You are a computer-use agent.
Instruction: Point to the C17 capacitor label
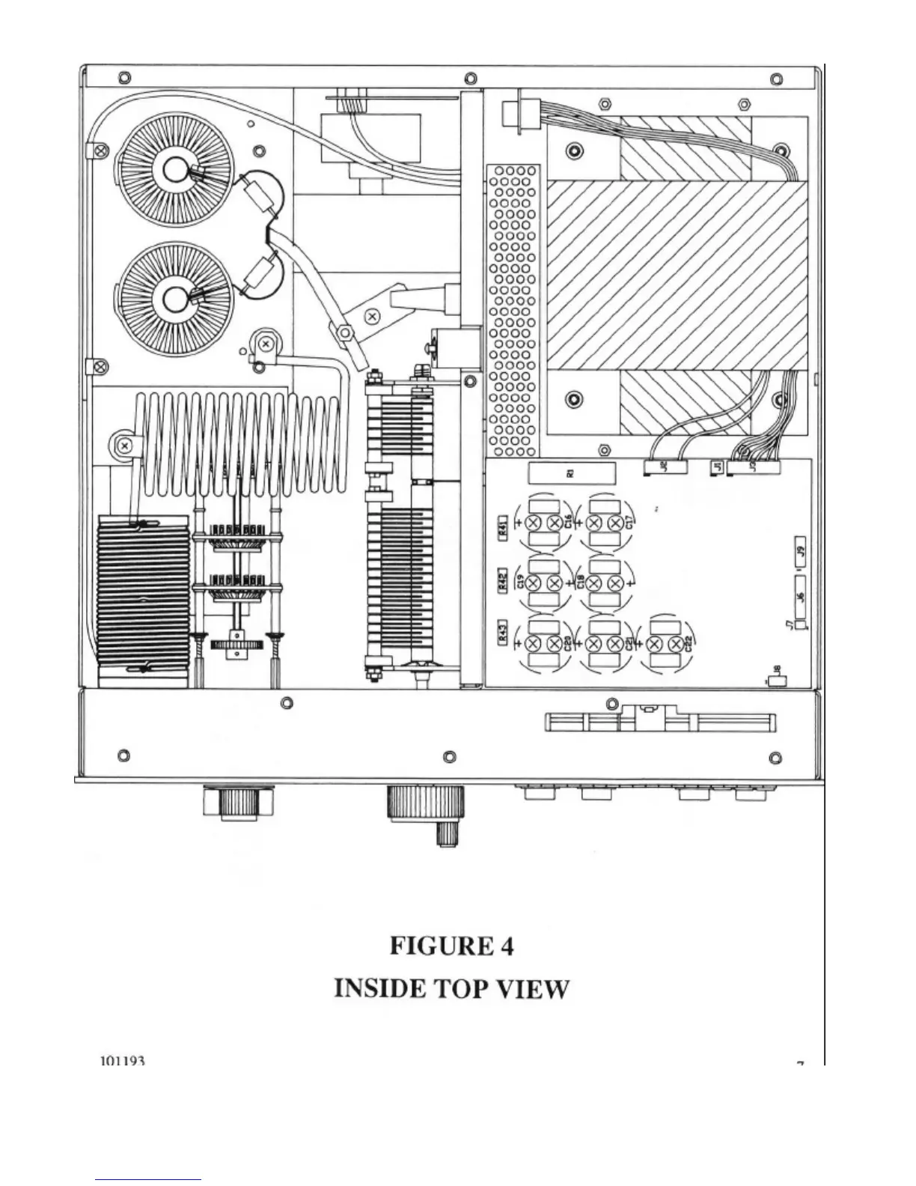629,523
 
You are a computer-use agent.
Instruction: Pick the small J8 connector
776,681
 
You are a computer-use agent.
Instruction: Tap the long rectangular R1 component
571,473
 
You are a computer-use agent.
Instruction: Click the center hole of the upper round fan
177,171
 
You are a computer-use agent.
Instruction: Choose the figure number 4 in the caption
506,946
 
